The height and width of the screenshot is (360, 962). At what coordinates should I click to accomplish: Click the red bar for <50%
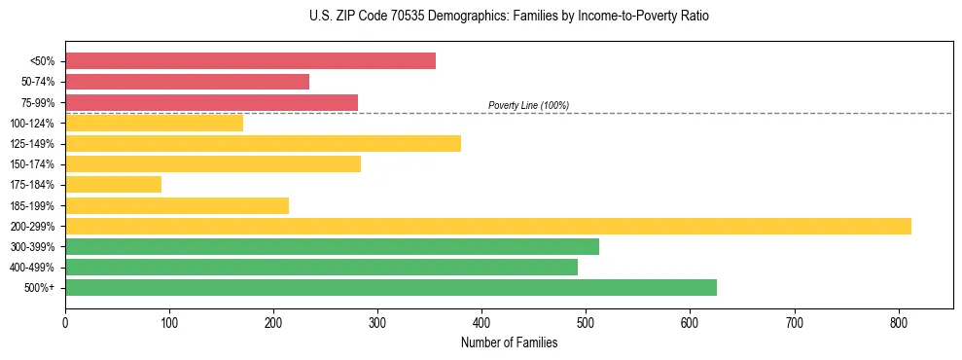point(250,61)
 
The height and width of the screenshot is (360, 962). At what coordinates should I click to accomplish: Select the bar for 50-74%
point(187,82)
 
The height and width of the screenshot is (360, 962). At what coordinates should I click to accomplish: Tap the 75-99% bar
point(211,102)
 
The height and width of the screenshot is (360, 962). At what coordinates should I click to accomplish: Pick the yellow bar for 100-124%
point(154,123)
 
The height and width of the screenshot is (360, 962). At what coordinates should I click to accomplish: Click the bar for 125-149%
point(263,144)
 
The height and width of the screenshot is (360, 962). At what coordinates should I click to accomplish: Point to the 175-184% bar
point(113,185)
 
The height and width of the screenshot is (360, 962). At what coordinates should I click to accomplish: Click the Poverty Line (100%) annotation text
point(528,105)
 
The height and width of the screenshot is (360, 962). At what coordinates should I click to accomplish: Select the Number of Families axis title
point(509,342)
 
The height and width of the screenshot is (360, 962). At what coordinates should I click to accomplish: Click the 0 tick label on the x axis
point(65,320)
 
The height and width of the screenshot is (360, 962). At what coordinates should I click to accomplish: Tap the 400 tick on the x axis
point(481,320)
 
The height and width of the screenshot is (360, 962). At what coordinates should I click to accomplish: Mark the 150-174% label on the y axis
point(32,164)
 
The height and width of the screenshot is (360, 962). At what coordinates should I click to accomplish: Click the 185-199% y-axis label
point(32,205)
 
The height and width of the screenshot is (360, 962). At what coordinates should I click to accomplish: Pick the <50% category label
point(42,61)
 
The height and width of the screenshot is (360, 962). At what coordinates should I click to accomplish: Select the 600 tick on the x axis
point(690,320)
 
